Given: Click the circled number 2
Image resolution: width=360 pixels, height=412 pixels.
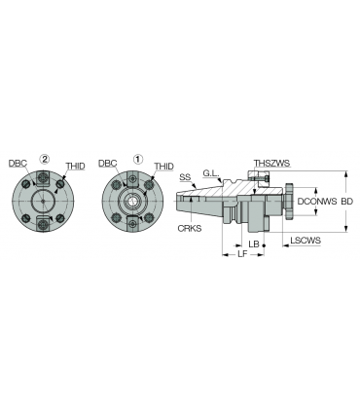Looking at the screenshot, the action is point(45,159).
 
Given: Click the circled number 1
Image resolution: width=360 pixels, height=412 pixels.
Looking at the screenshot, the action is point(138,159).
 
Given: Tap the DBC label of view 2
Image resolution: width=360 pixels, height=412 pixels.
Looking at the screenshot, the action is point(18,164).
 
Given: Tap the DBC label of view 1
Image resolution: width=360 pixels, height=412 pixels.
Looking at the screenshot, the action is point(108,164).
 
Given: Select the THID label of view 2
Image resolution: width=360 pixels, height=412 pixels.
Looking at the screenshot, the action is point(76,166).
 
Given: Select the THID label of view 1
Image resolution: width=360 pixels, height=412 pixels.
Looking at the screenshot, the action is point(163,166).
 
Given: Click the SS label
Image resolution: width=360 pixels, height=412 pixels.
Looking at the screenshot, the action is point(185,177).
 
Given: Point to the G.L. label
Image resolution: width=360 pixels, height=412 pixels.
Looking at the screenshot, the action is point(211,173).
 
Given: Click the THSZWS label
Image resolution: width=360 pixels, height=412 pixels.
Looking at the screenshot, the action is point(271,163).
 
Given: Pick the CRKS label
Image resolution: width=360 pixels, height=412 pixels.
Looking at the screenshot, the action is point(190,228).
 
